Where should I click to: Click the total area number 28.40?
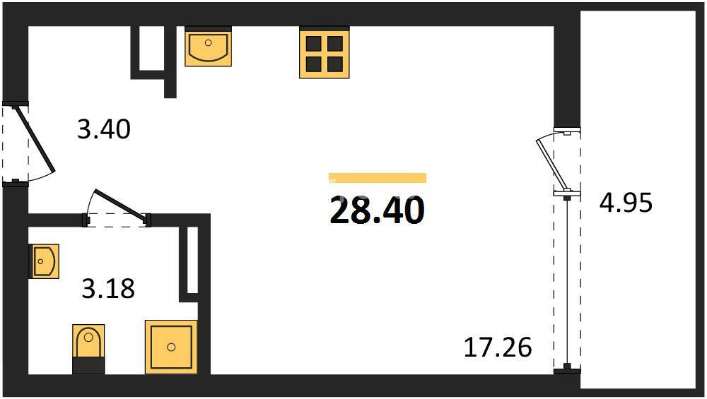coord(377,210)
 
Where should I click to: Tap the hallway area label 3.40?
coord(104,129)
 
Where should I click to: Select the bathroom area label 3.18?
coord(108,289)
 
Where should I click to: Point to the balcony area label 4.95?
coord(626,203)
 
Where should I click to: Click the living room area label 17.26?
coord(498,347)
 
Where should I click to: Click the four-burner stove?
coord(325,54)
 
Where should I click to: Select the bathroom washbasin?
coord(44,261)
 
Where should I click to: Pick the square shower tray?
coord(171,347)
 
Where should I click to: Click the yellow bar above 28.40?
coord(378,178)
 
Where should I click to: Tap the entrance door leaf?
coord(35,138)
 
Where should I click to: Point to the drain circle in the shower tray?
coord(171,347)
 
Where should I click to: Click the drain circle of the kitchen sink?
coord(208,43)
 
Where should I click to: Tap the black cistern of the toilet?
coord(88,365)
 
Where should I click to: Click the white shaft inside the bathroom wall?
coord(192,261)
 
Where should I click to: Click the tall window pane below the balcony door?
coord(567,282)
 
